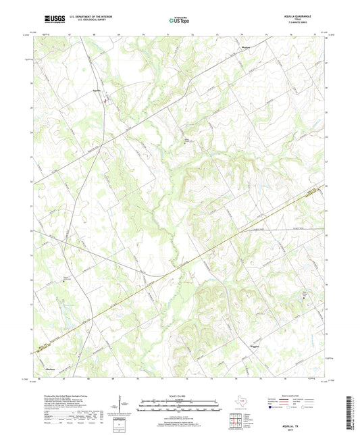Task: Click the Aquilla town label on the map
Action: (x=97, y=91)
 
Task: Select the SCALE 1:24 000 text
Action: (x=180, y=395)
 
